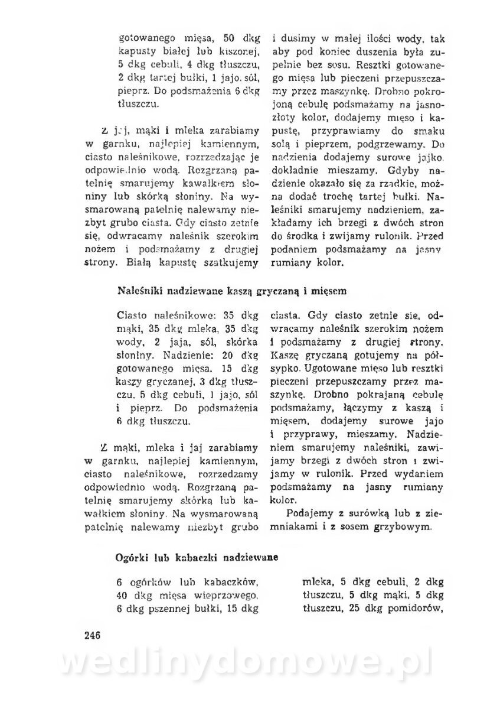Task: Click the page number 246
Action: click(x=94, y=635)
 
